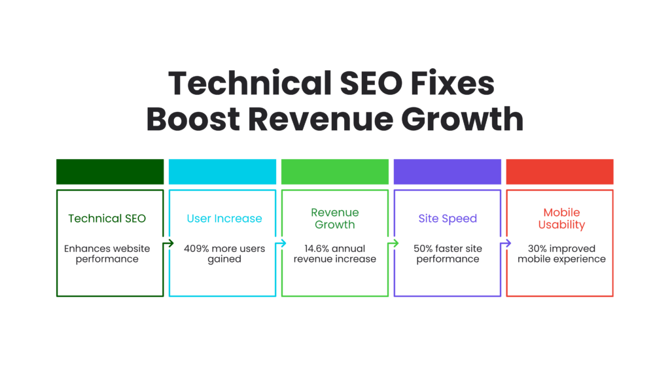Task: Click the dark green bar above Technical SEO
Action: (110, 171)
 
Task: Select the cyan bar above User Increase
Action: (222, 171)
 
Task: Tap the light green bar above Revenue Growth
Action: (334, 171)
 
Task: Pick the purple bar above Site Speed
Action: (448, 171)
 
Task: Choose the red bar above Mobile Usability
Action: (560, 171)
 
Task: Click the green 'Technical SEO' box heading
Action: (107, 219)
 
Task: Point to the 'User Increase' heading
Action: (224, 219)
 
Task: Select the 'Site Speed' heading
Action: (448, 219)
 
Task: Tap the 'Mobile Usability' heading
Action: (561, 219)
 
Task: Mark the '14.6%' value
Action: (317, 248)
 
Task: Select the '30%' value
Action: (537, 248)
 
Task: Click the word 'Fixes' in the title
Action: (453, 83)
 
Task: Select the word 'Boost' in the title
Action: (194, 119)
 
